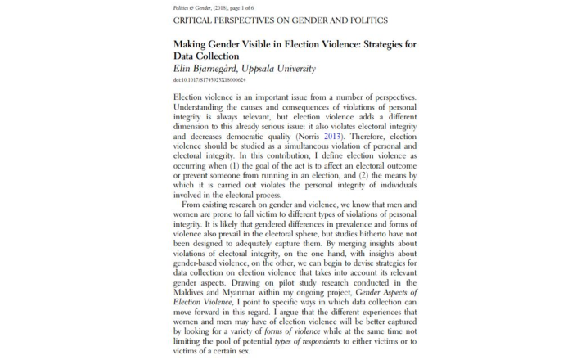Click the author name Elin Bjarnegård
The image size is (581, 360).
point(211,69)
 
